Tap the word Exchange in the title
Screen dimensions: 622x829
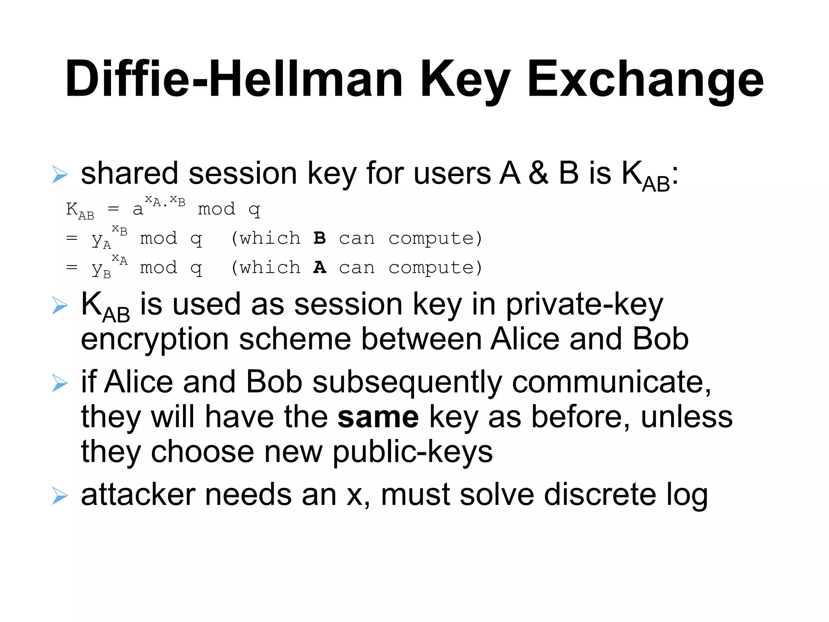click(645, 79)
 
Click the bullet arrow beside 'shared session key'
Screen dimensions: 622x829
click(60, 175)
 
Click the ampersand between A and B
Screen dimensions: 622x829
click(538, 173)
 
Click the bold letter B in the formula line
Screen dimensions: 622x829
click(319, 238)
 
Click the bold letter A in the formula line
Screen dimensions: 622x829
click(319, 267)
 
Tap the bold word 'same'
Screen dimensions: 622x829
click(378, 417)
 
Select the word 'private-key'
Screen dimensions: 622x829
click(585, 305)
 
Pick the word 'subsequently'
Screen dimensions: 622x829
click(407, 382)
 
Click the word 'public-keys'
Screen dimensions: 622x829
click(412, 452)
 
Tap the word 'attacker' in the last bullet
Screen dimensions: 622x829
click(138, 495)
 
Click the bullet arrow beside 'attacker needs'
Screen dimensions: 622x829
click(60, 496)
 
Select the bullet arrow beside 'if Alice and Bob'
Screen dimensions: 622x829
click(60, 383)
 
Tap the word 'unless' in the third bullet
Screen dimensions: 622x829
click(687, 417)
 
